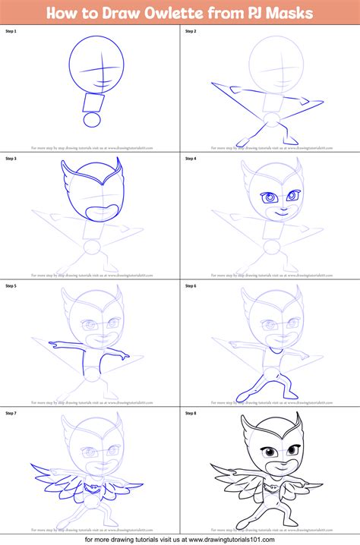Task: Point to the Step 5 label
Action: point(11,288)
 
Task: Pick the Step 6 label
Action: point(189,288)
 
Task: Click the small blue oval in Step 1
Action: point(91,120)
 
